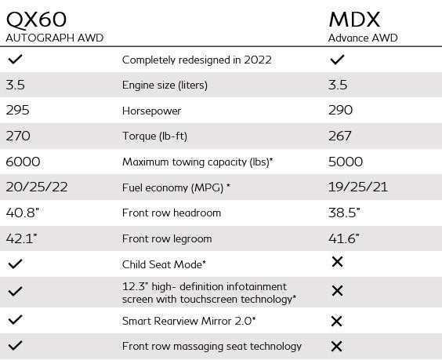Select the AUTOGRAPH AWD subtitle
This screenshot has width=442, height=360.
pos(55,38)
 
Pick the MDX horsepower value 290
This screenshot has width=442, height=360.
pos(342,111)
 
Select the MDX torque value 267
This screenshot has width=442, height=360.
pos(342,136)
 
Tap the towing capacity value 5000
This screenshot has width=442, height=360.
pos(346,162)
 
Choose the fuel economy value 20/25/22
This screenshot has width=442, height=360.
pos(36,187)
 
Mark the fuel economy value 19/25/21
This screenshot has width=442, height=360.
pos(360,187)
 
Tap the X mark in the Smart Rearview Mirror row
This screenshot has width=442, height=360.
pos(337,321)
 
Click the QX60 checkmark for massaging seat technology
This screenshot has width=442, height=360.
pos(14,346)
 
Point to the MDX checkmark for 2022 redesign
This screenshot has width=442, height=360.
pos(337,60)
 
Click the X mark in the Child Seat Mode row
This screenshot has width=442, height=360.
pos(337,262)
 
